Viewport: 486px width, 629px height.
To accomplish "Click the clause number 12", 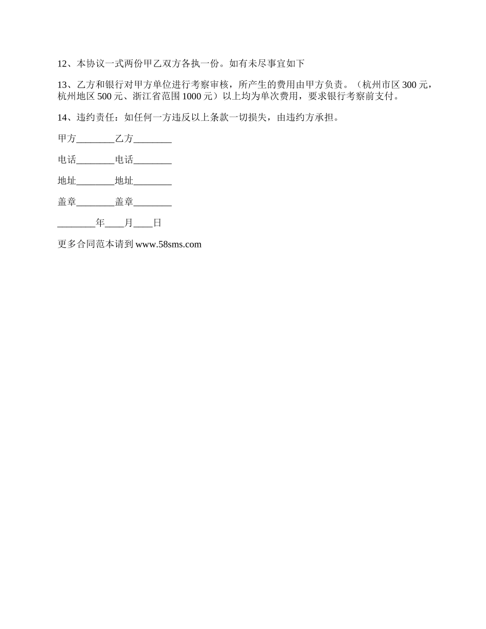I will tap(62, 64).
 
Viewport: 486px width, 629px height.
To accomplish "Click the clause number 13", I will tap(62, 85).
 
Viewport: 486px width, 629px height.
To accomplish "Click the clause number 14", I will tap(62, 118).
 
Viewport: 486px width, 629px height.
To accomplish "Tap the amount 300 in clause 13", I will tap(410, 85).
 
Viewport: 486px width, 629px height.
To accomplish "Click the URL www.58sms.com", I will tap(169, 244).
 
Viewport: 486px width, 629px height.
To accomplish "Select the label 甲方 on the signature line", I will tap(67, 139).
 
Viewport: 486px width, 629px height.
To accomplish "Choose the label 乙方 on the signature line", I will tap(124, 139).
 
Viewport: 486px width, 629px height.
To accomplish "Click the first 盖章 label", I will tap(67, 202).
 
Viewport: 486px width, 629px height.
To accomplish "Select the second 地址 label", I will tap(124, 181).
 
